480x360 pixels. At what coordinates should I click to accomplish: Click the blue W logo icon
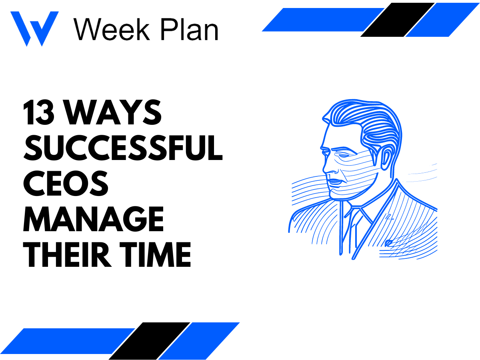pos(34,28)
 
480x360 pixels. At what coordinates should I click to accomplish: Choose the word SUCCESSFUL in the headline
pos(122,148)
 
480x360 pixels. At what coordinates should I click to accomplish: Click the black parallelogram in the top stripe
pos(397,20)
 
